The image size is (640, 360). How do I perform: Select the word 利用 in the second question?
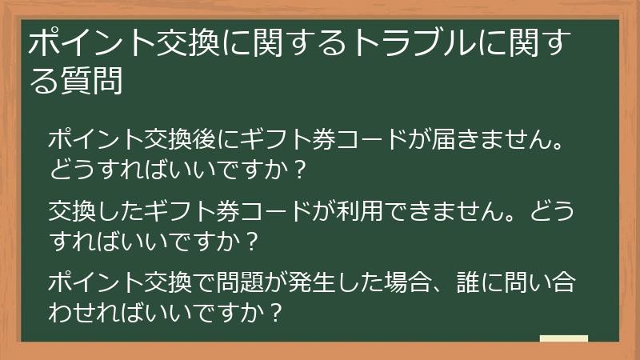coord(402,212)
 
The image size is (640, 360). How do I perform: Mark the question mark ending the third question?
coord(274,310)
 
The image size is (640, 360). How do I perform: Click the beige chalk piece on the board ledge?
coord(563,339)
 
